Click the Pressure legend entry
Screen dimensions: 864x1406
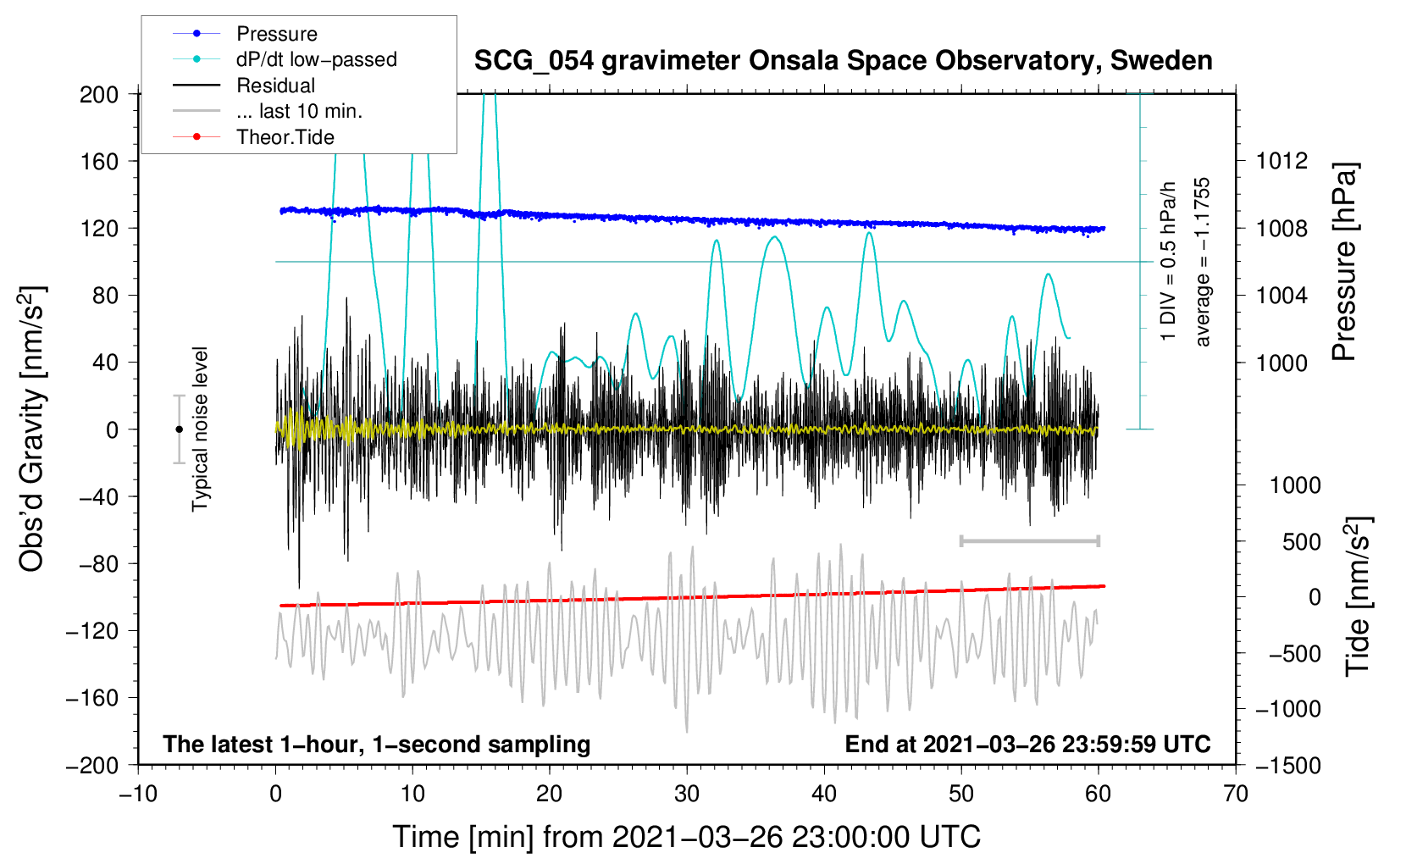[276, 34]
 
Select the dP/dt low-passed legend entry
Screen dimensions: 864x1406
[316, 59]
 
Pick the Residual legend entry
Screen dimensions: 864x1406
[275, 86]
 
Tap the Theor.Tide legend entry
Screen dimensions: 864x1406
[285, 137]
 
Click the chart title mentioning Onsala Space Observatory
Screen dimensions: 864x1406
[843, 61]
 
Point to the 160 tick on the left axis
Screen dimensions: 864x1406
[99, 161]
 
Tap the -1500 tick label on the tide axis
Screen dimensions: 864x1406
[1288, 765]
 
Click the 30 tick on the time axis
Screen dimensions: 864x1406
[687, 794]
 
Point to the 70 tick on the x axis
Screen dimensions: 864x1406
[1236, 794]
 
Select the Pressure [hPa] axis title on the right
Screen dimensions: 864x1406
[1344, 263]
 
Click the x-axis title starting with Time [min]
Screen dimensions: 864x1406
[686, 837]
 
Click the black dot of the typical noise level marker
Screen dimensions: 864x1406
[179, 429]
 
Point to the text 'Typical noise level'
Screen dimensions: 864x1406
[200, 429]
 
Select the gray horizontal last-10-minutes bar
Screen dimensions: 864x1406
[1029, 540]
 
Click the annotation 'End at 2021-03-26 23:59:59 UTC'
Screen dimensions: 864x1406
[1027, 744]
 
